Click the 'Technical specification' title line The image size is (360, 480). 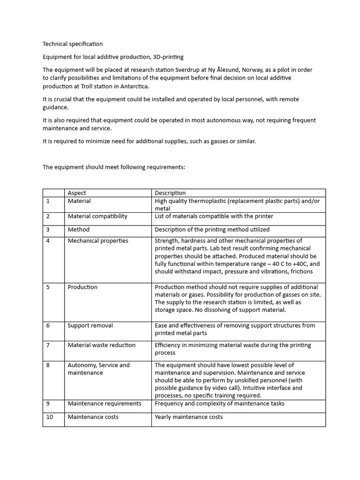[x=72, y=44]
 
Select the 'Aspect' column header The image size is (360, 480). [x=77, y=193]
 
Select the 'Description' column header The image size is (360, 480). [x=170, y=193]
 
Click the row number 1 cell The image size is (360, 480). [x=48, y=201]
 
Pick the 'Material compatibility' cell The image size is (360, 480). [x=97, y=216]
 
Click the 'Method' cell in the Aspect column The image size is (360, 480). [x=78, y=230]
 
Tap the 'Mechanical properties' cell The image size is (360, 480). [x=97, y=241]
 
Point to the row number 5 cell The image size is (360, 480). [x=48, y=287]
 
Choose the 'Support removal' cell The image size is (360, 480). [x=90, y=325]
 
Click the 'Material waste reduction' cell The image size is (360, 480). [x=101, y=345]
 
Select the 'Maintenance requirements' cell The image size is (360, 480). [x=104, y=404]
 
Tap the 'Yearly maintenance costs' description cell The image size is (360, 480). [x=188, y=417]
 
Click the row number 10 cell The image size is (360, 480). [x=49, y=417]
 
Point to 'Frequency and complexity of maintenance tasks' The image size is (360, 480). [x=219, y=404]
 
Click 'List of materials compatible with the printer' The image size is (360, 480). [x=214, y=216]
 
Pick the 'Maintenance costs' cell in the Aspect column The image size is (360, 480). [x=93, y=417]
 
